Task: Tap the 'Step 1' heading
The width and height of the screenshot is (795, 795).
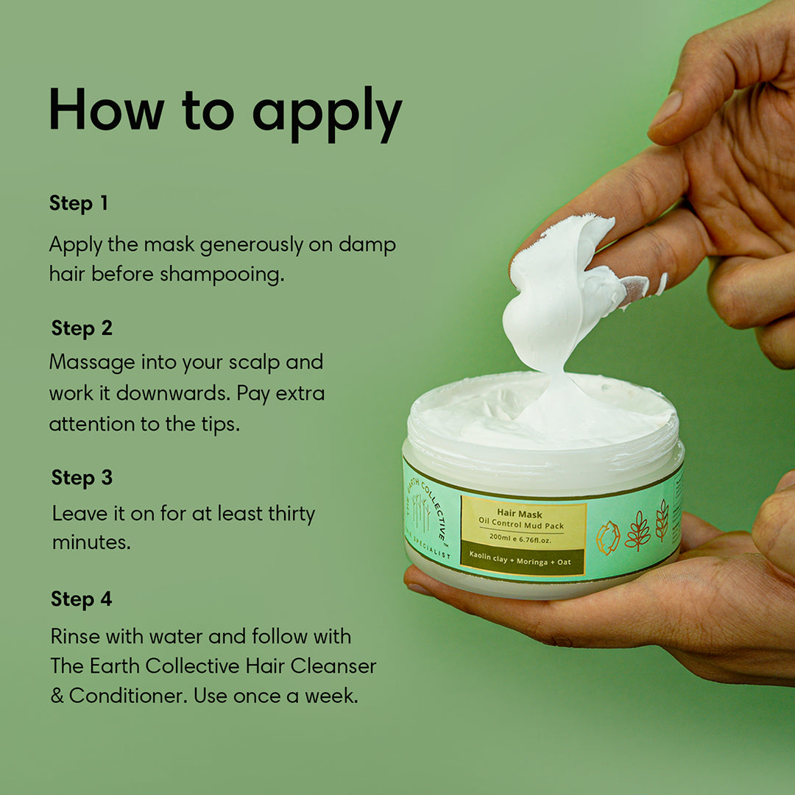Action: point(79,204)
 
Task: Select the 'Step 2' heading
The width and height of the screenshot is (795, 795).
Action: point(82,328)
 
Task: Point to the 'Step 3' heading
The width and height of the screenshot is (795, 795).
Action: point(82,478)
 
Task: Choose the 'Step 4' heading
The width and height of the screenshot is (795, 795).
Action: point(81,599)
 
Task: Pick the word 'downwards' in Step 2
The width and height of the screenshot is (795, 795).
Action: point(173,393)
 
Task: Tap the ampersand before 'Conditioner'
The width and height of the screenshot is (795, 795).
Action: point(57,696)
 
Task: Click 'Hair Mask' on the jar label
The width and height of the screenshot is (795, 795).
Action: point(520,513)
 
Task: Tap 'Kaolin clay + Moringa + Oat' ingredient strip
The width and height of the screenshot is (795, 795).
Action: point(522,562)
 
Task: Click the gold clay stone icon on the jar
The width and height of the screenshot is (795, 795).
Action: point(608,537)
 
